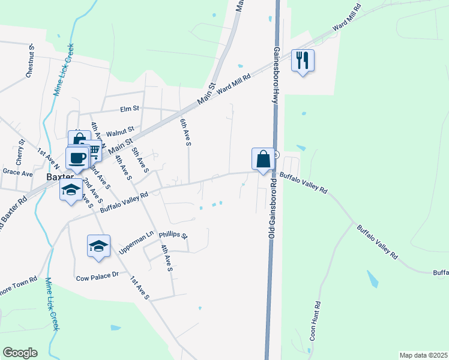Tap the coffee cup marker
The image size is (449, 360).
coord(77,158)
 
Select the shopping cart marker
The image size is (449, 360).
coord(92,151)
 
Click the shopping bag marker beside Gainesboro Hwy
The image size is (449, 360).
coord(263,159)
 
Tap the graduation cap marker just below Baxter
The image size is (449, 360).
coord(71,191)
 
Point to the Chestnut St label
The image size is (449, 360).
coord(30,60)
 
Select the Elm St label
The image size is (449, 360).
coord(130,109)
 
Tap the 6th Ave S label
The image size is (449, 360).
coord(185,133)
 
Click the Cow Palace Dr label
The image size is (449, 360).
coord(98,278)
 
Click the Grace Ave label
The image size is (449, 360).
coord(17,173)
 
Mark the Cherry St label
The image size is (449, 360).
coord(20,152)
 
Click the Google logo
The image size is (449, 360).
coord(20,353)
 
